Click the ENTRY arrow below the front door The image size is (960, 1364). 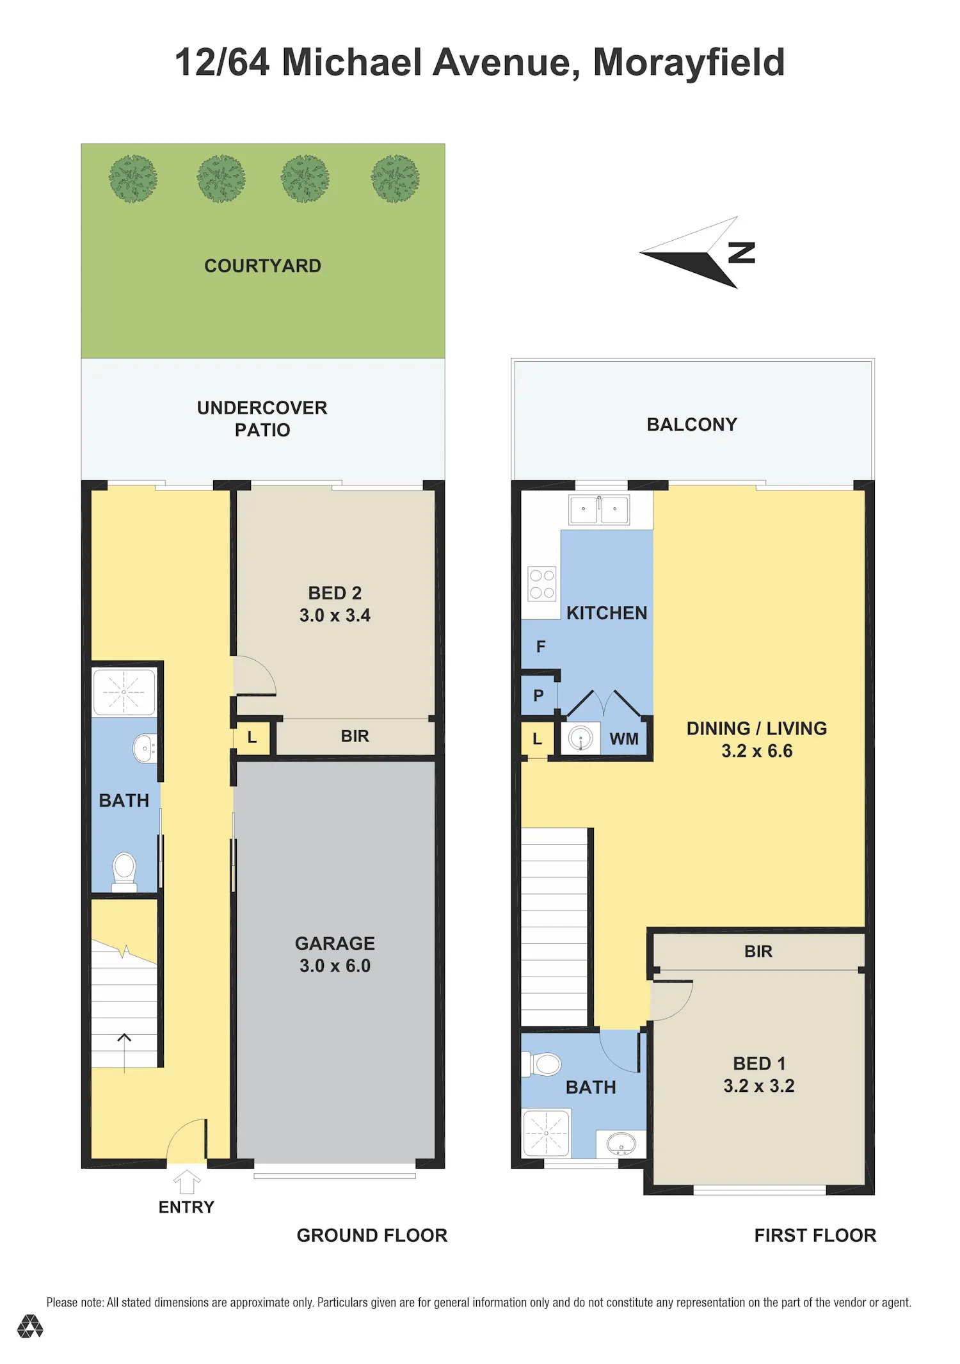(x=187, y=1181)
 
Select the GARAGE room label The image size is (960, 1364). (x=335, y=943)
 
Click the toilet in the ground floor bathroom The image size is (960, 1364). (x=124, y=872)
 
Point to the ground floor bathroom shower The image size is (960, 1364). (x=124, y=692)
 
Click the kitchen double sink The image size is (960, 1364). (x=599, y=510)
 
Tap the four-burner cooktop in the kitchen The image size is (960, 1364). (x=542, y=584)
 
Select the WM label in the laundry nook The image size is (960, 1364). (x=624, y=739)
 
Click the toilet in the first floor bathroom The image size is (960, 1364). (x=543, y=1064)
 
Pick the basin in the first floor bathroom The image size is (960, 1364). (x=621, y=1143)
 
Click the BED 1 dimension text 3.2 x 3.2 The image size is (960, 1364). (x=759, y=1086)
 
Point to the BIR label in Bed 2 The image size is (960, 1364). (x=355, y=736)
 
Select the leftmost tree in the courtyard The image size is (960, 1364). (x=133, y=179)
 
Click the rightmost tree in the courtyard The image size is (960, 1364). (x=396, y=179)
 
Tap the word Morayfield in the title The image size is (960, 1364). (x=689, y=63)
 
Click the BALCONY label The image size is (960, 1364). (x=692, y=425)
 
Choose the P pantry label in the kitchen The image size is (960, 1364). (x=538, y=695)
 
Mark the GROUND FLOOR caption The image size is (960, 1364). (x=372, y=1235)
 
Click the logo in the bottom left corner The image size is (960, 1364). (x=30, y=1326)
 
